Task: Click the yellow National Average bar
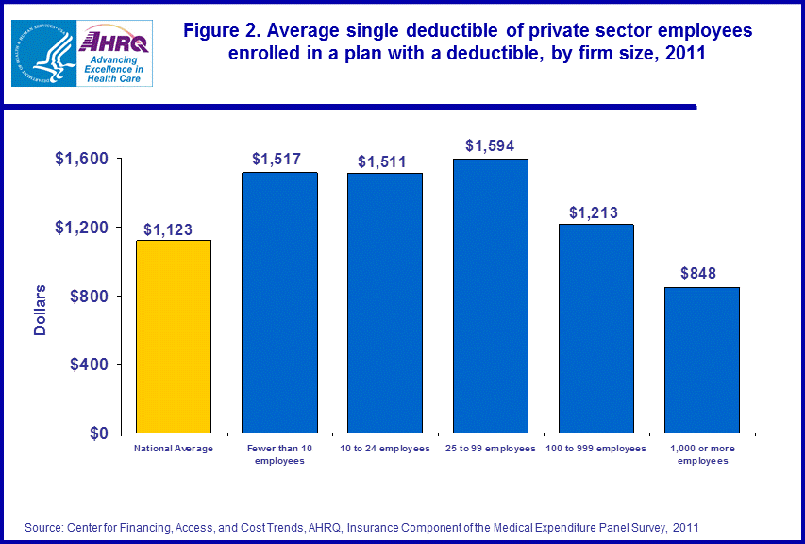[174, 336]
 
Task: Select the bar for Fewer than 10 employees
[279, 302]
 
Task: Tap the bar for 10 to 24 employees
[385, 303]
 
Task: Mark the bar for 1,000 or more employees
[702, 360]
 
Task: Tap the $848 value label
[698, 275]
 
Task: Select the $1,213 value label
[594, 212]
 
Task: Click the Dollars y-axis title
[41, 309]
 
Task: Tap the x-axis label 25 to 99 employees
[491, 448]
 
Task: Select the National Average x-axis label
[174, 448]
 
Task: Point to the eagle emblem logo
[43, 53]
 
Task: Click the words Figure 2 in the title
[224, 31]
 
